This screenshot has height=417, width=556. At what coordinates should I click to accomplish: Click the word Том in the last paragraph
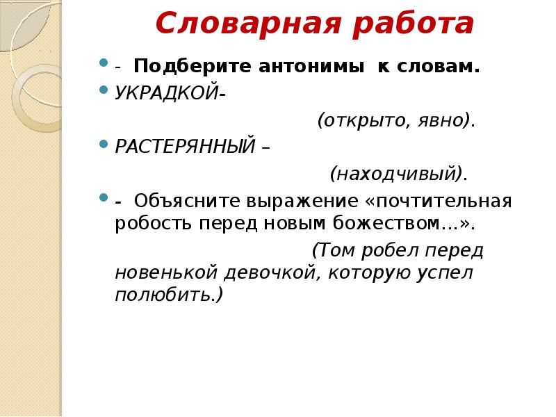tap(332, 250)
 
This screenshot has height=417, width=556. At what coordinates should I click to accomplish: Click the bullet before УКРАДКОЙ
tap(104, 91)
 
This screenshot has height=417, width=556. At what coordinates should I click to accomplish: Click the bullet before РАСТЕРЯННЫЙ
tap(104, 143)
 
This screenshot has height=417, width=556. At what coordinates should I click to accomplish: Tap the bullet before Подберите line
tap(104, 65)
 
